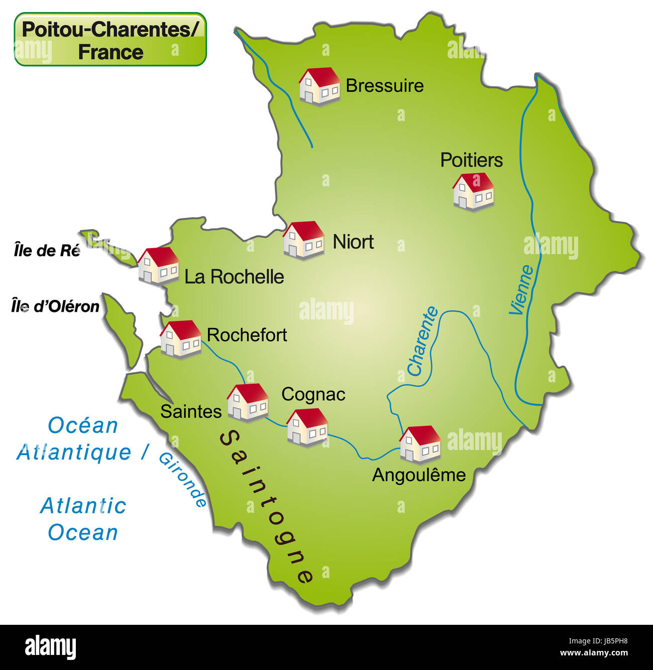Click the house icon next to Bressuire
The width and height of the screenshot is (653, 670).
tap(319, 86)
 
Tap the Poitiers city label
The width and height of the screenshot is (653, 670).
tap(471, 160)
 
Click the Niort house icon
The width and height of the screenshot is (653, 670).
tap(303, 240)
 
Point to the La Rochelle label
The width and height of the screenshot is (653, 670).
tap(234, 277)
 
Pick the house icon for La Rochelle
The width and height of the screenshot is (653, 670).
tap(158, 265)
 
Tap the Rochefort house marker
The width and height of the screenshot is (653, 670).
tap(180, 339)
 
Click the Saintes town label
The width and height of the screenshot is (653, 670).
tap(191, 412)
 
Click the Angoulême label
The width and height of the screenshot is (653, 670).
tap(419, 475)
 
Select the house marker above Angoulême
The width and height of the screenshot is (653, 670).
tap(420, 443)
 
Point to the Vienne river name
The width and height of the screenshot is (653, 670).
tap(521, 290)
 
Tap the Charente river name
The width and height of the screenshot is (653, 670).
tap(422, 342)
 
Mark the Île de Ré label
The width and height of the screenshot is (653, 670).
tap(47, 250)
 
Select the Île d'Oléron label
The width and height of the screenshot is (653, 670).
tap(55, 306)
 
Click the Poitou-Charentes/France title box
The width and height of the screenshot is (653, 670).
tap(110, 40)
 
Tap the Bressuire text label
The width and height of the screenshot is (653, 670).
tap(384, 86)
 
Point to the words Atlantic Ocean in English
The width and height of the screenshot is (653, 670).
tap(83, 519)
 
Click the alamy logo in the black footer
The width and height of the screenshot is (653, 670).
tap(51, 647)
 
